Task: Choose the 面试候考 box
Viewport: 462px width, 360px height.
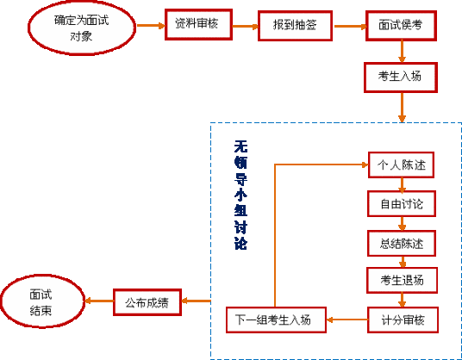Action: tap(400, 27)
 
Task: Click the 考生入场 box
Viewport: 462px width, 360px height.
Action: tap(400, 77)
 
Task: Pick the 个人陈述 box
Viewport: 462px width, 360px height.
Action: tap(401, 164)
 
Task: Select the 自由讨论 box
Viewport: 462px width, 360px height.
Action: tap(401, 203)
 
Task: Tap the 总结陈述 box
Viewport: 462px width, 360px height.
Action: tap(401, 242)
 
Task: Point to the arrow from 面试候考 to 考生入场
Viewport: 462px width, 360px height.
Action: tap(401, 52)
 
